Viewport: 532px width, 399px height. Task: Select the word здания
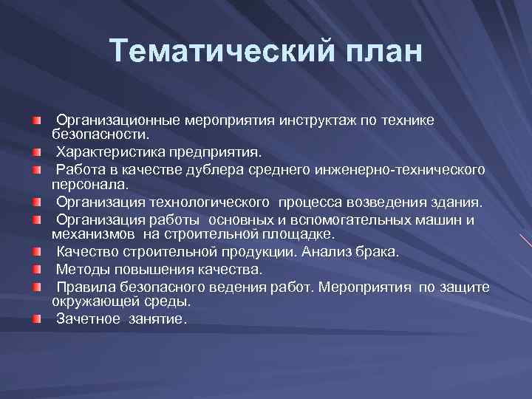point(458,202)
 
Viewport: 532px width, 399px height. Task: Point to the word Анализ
point(333,252)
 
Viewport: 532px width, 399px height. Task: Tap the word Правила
point(86,287)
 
